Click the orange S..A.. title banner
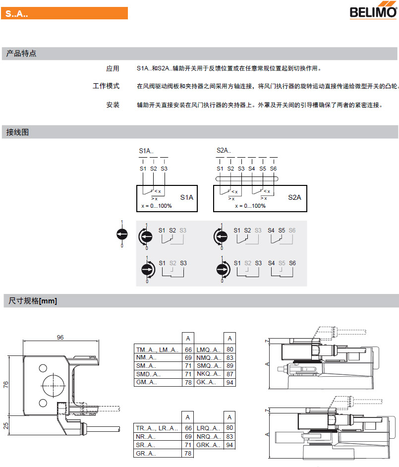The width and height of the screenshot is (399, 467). coord(65,13)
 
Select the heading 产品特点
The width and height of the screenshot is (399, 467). coord(21,54)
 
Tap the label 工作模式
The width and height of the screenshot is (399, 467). coord(106,86)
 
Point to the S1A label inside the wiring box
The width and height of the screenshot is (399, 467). coord(186,197)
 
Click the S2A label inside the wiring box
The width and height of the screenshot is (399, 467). coord(294,197)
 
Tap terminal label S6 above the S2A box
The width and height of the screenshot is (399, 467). coord(273,169)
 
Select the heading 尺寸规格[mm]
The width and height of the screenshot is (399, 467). coord(33,301)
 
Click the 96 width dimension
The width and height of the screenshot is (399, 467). coord(60,337)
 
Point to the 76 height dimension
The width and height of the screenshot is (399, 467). coord(6,386)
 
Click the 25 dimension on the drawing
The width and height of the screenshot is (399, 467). coord(6,425)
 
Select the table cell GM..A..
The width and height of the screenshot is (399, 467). coord(146,382)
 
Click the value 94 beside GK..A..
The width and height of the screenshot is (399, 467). coord(229,382)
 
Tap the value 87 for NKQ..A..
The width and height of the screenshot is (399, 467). coord(229,374)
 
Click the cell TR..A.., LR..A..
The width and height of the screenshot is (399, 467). coord(157,428)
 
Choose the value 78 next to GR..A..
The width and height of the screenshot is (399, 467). coord(188,453)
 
